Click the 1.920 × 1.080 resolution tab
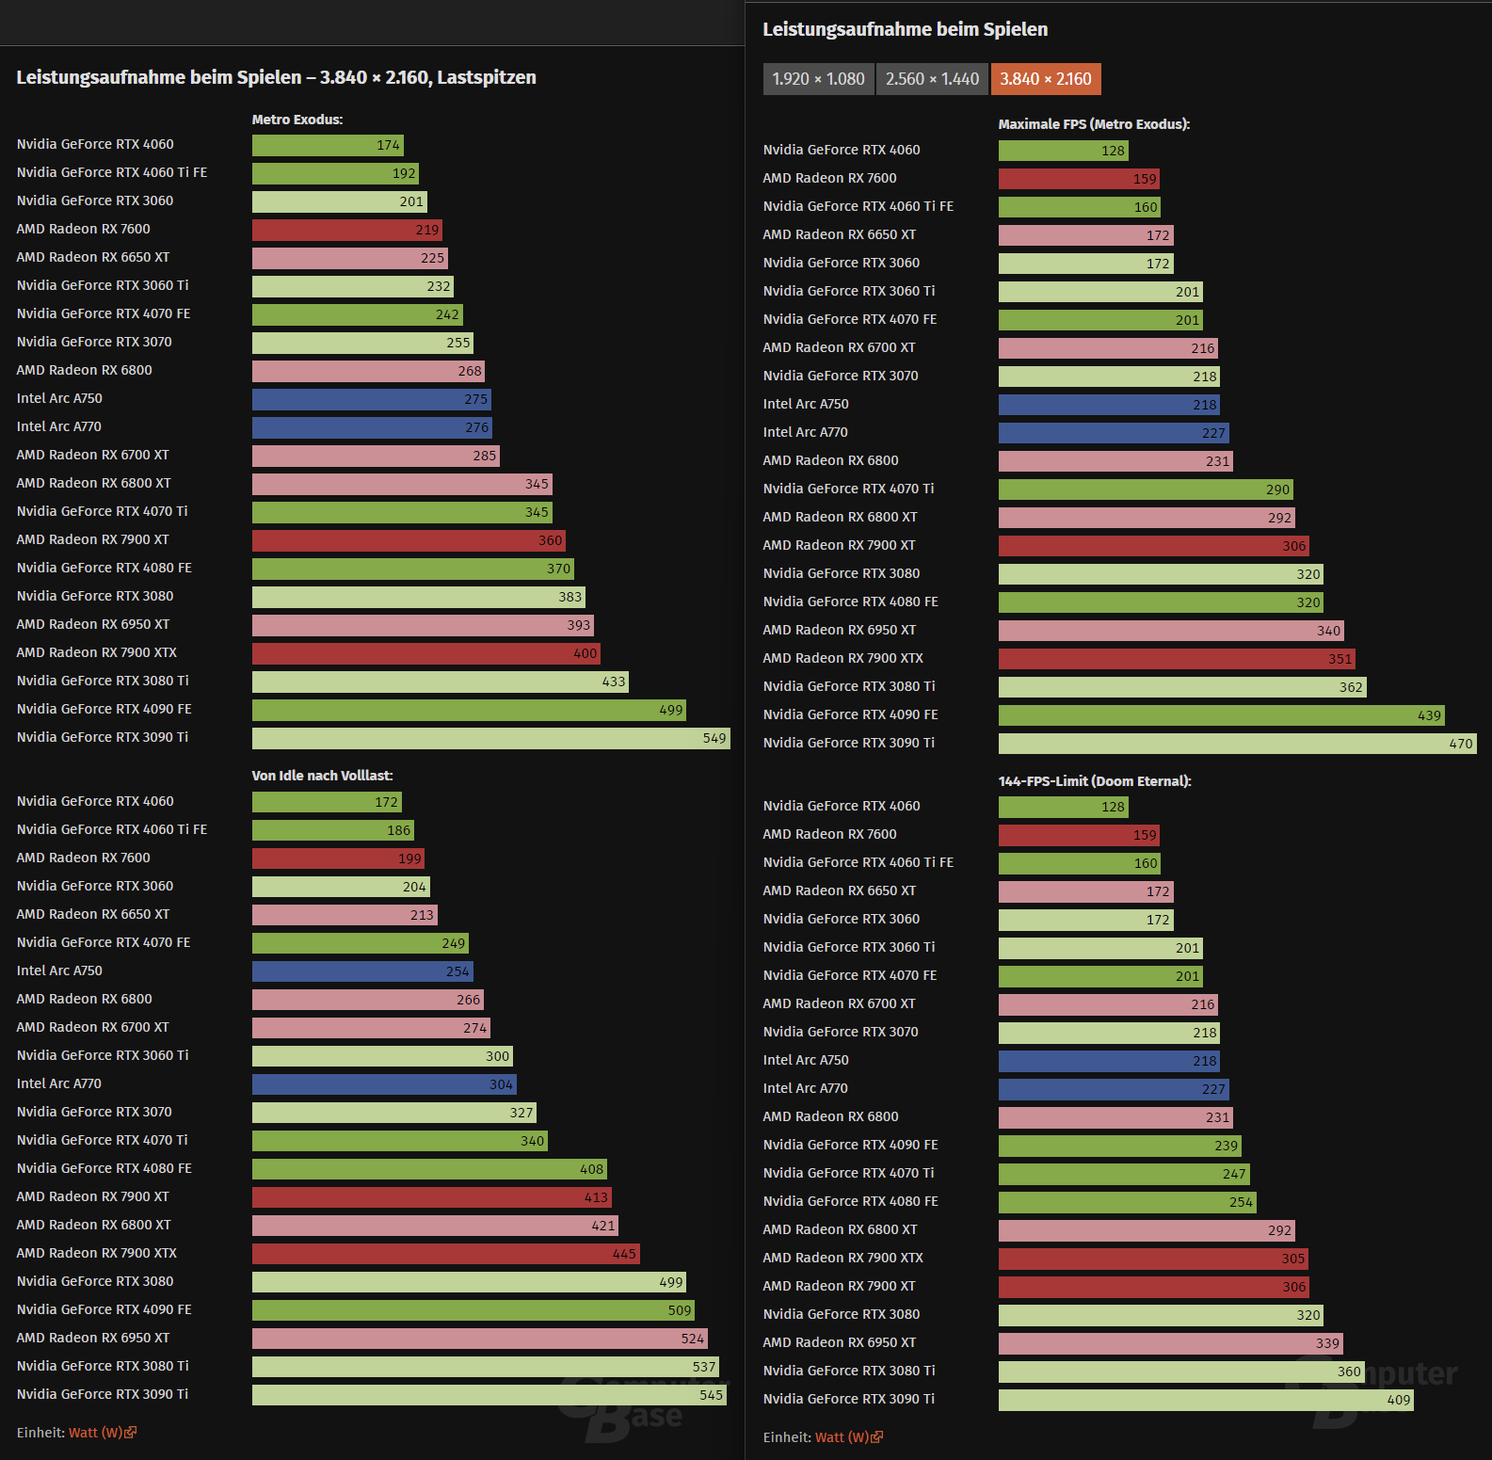(x=818, y=79)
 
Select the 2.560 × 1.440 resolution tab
(x=932, y=79)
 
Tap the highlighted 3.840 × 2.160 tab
(x=1045, y=79)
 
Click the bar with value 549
(x=490, y=738)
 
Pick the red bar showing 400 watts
(x=425, y=653)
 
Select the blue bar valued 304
(x=384, y=1084)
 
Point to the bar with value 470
(x=1237, y=744)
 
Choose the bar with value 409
(x=1206, y=1400)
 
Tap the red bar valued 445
(x=445, y=1254)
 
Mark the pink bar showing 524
(x=479, y=1339)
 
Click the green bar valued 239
(x=1120, y=1146)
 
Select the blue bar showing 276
(x=372, y=427)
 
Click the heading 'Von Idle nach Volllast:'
(x=322, y=776)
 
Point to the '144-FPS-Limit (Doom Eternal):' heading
(x=1095, y=781)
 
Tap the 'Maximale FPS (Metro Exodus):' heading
(x=1094, y=124)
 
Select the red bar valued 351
(x=1177, y=659)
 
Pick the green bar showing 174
(x=328, y=145)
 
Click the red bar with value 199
(x=338, y=858)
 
